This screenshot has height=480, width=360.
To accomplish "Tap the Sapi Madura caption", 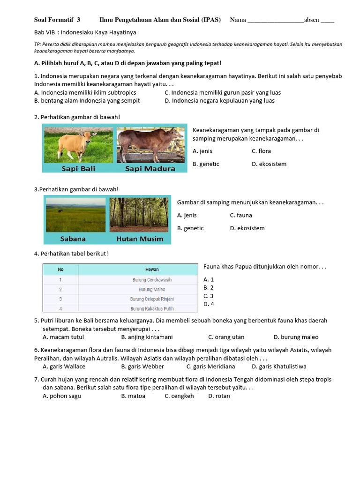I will point(150,168).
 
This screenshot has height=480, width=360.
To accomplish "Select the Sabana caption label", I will point(73,239).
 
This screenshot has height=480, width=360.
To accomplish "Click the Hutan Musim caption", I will point(140,239).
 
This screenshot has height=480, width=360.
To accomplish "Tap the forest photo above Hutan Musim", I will point(139,214).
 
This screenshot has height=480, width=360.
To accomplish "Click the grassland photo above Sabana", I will point(75,215).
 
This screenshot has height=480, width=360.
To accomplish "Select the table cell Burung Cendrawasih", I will point(152,280).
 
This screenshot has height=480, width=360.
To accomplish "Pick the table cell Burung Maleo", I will point(152,290).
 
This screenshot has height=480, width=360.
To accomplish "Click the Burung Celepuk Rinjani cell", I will point(152,299).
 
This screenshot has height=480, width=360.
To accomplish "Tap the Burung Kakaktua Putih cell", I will point(152,308).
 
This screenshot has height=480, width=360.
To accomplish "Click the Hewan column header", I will point(152,270).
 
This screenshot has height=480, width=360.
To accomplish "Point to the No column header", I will point(60,270).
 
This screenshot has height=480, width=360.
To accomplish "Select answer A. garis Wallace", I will point(64,367).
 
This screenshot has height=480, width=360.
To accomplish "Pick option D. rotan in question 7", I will point(219,396).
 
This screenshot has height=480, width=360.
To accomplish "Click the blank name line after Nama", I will point(275,20).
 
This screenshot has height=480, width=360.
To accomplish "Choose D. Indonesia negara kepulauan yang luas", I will point(219,101).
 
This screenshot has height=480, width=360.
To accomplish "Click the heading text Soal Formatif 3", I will point(57,20).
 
